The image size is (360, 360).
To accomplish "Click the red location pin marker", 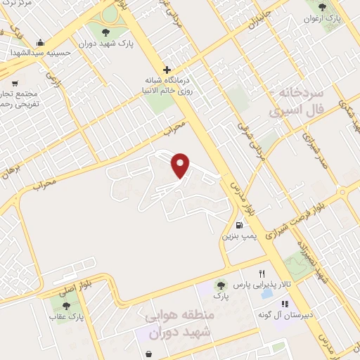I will [181, 165].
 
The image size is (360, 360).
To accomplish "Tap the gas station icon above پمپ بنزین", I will [240, 226].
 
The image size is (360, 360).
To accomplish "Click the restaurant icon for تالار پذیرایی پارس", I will [262, 274].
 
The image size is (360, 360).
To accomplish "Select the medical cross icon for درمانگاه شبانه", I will [167, 70].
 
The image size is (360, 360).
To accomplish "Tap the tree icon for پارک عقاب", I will [66, 306].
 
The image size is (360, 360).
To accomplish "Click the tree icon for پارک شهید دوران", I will [105, 32].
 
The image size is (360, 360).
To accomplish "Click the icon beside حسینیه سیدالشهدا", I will [41, 41].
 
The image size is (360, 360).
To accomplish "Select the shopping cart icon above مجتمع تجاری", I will [15, 82].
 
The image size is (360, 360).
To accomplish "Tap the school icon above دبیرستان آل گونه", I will [285, 304].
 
